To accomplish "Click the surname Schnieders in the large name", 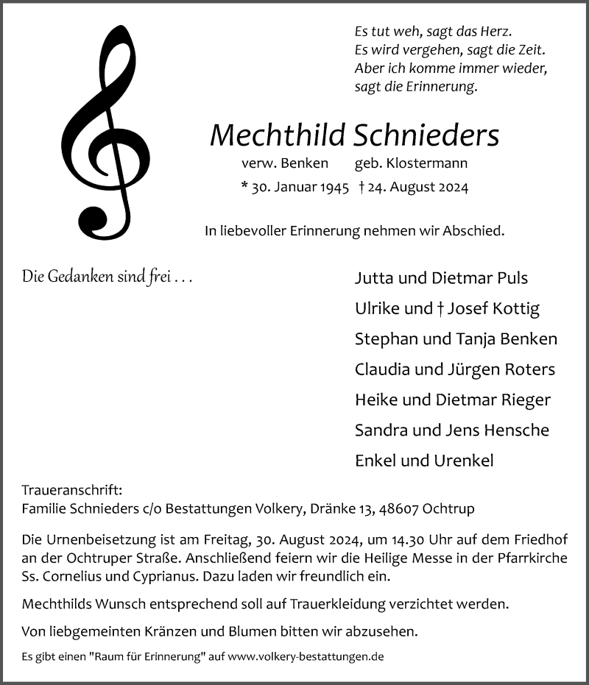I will [426, 135].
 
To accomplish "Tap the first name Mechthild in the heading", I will [278, 135].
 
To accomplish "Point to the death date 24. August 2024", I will [419, 188].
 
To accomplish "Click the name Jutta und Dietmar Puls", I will [441, 278].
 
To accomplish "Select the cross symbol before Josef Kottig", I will [439, 309].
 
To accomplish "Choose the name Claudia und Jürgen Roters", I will [454, 369].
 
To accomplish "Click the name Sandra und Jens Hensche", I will [451, 430].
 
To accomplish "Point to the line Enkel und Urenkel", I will [423, 461].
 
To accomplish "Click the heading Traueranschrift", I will [71, 490].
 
